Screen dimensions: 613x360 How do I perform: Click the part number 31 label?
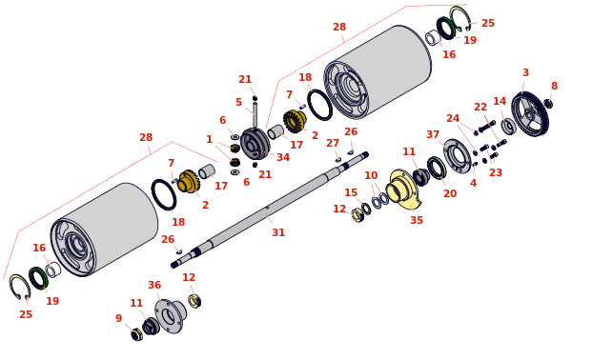tap(278, 232)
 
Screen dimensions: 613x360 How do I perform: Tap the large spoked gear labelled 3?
tap(530, 113)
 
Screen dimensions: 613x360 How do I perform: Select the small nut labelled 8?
tap(548, 104)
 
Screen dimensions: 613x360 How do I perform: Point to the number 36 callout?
tap(154, 285)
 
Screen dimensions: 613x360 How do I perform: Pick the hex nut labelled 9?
tap(136, 334)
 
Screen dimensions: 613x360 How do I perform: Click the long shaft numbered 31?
tap(270, 210)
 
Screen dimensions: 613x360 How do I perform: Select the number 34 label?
tap(283, 157)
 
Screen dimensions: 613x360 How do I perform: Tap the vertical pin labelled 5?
tap(255, 114)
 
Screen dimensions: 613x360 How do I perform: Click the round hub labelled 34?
tap(255, 145)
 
